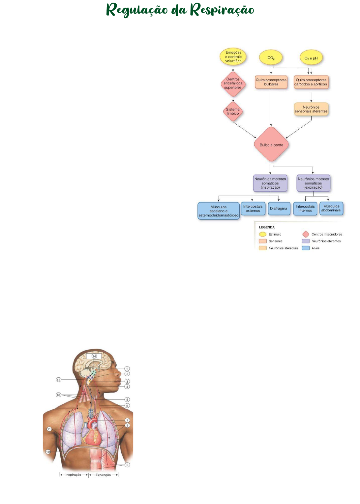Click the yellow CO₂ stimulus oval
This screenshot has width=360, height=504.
271,58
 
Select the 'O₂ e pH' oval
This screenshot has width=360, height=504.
311,58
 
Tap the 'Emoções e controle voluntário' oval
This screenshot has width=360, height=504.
233,56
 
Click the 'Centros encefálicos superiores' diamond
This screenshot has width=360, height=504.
233,83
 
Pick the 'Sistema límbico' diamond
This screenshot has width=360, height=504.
233,111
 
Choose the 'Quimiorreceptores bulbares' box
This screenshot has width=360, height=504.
271,82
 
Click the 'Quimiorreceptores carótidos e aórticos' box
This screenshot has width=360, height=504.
311,82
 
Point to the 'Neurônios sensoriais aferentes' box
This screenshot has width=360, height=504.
311,110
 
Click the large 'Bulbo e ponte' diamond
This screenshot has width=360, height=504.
271,144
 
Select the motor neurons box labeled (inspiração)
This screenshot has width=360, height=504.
270,183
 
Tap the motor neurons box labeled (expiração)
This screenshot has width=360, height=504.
313,183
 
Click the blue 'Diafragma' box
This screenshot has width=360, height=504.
279,208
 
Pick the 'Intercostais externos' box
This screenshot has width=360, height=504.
253,208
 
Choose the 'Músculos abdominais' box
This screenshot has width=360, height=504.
331,208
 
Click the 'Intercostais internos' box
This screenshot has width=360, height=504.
305,208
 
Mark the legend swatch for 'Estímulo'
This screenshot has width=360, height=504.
263,234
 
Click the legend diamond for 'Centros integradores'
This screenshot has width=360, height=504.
306,234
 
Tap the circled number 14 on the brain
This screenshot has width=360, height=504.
94,356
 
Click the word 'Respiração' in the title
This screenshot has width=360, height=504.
222,10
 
